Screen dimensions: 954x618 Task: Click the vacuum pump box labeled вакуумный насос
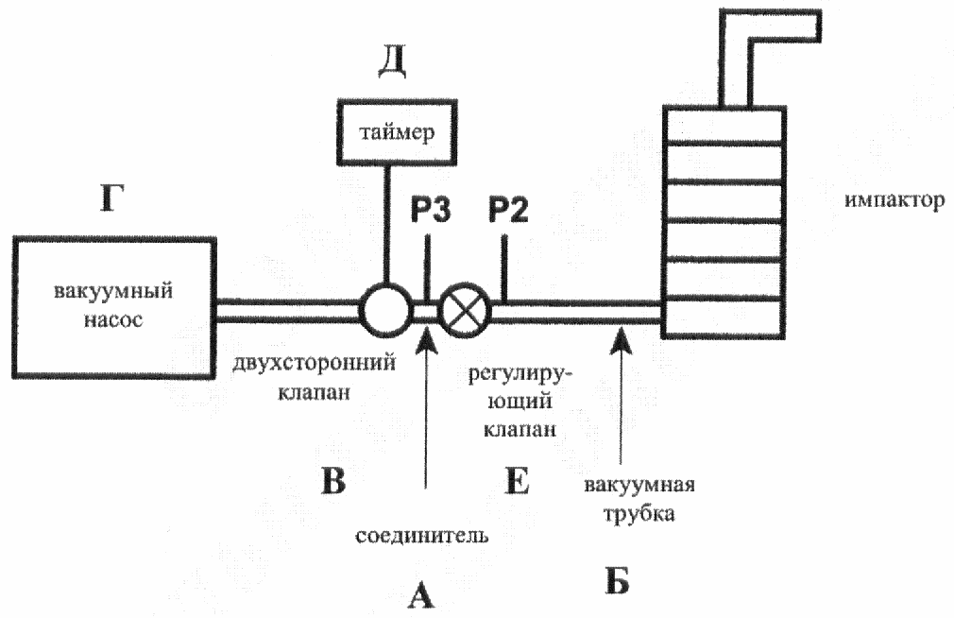coord(113,308)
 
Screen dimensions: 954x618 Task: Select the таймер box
coord(397,132)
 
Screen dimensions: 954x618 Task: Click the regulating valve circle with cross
coord(466,309)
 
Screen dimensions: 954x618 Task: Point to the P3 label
coord(431,210)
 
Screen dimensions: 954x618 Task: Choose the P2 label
coord(508,210)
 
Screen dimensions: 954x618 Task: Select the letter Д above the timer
coord(392,62)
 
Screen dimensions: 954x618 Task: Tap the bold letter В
coord(333,480)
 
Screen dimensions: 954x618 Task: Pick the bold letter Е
coord(518,480)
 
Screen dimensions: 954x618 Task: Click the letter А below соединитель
coord(421,595)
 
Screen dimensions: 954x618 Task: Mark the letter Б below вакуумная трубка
coord(617,580)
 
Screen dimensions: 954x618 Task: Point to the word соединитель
coord(421,536)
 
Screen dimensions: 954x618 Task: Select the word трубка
coord(639,514)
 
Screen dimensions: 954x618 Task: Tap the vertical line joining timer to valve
coord(385,225)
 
